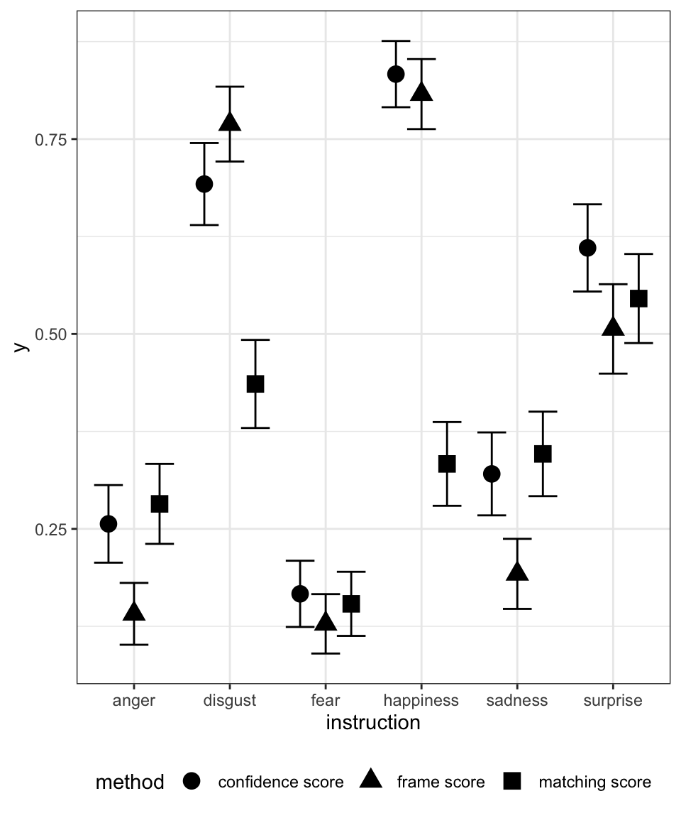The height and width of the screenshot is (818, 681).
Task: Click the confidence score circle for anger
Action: [x=109, y=524]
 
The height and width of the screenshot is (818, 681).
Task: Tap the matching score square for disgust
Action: [x=255, y=383]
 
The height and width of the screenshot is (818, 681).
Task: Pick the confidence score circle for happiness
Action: [x=396, y=74]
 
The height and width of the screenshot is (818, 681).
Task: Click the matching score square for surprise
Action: [x=638, y=298]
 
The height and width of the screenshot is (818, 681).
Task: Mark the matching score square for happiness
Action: [x=447, y=464]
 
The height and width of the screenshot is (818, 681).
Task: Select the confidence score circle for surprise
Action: [x=587, y=248]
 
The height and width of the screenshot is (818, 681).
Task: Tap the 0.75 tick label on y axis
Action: [x=50, y=139]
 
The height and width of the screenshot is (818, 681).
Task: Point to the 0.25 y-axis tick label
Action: [x=50, y=529]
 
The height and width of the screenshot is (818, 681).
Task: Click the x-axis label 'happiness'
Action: [x=421, y=701]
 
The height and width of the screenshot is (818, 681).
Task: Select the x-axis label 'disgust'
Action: [x=230, y=701]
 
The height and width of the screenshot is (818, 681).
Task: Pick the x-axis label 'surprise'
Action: [x=613, y=701]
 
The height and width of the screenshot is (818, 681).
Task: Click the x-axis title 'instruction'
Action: [x=373, y=723]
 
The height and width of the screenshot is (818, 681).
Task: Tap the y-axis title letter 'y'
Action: [x=21, y=347]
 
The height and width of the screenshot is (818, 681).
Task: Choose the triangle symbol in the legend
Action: [x=371, y=781]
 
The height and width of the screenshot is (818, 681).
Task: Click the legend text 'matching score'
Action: [x=594, y=782]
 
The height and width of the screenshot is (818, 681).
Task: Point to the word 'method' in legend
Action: [x=130, y=782]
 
